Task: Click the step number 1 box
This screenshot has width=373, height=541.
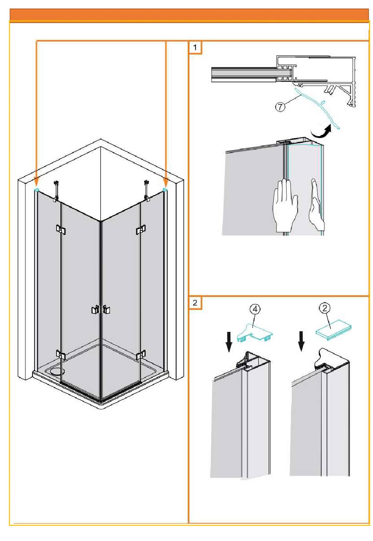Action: tap(195, 47)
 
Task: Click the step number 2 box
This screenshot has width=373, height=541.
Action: tap(195, 302)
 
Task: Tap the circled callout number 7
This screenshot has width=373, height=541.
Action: tap(280, 107)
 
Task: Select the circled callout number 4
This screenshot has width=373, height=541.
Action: tap(256, 310)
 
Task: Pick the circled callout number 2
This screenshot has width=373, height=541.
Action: tap(325, 308)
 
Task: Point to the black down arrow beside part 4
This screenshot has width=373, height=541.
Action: tap(229, 342)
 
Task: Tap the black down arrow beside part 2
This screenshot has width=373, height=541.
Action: tap(301, 341)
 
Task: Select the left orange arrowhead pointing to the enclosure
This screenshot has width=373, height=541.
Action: tap(36, 181)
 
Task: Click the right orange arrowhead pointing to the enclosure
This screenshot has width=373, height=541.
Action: tap(166, 181)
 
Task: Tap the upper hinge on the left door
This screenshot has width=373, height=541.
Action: tap(61, 229)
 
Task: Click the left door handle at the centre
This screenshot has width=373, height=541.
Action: tap(95, 310)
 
